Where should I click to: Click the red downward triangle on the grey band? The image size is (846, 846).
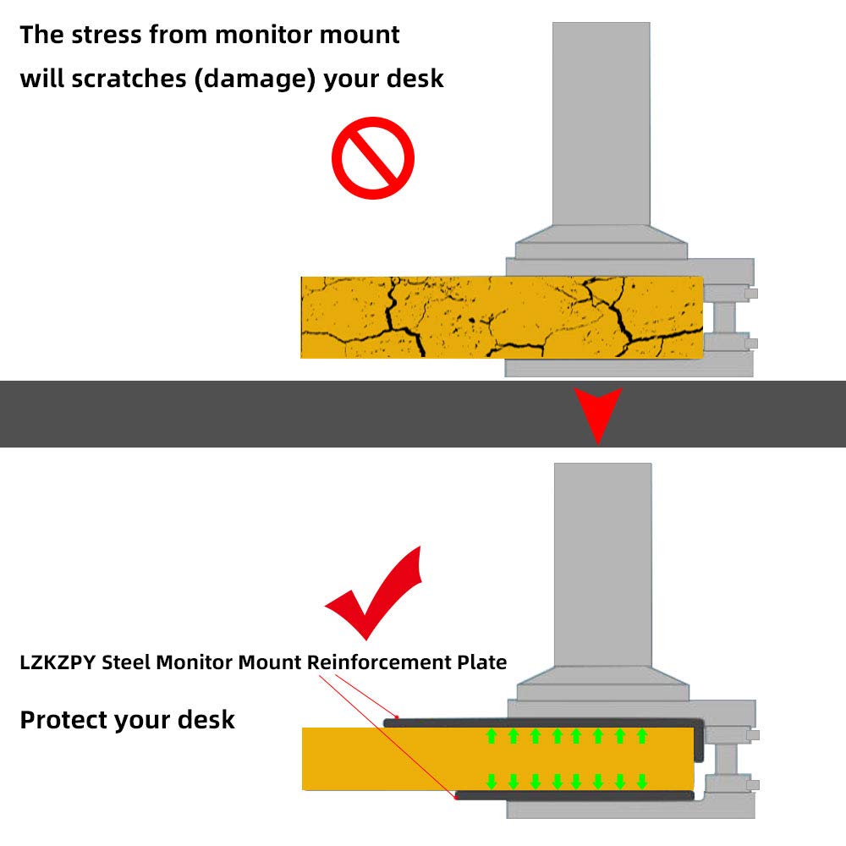[598, 412]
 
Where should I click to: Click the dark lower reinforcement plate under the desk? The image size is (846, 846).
[575, 796]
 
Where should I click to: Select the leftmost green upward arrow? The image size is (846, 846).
[492, 735]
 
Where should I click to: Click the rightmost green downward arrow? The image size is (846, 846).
[642, 780]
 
